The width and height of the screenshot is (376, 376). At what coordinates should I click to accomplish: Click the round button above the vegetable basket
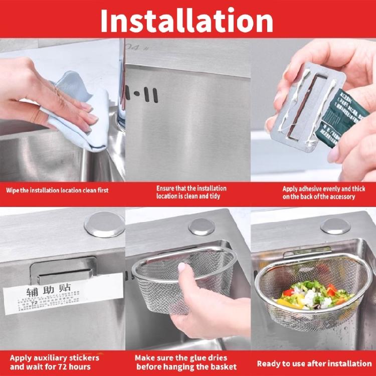[335, 226]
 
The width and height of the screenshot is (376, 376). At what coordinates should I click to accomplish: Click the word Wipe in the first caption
[14, 191]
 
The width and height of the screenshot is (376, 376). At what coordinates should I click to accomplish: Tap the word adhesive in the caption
[316, 189]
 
